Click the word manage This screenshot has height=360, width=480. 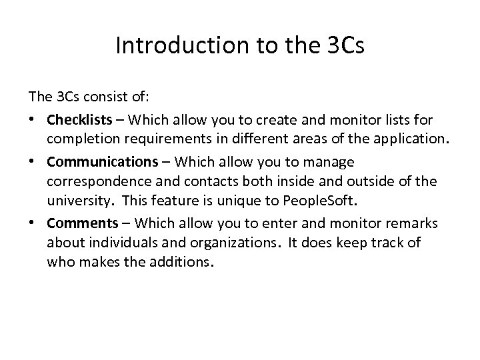point(330,162)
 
